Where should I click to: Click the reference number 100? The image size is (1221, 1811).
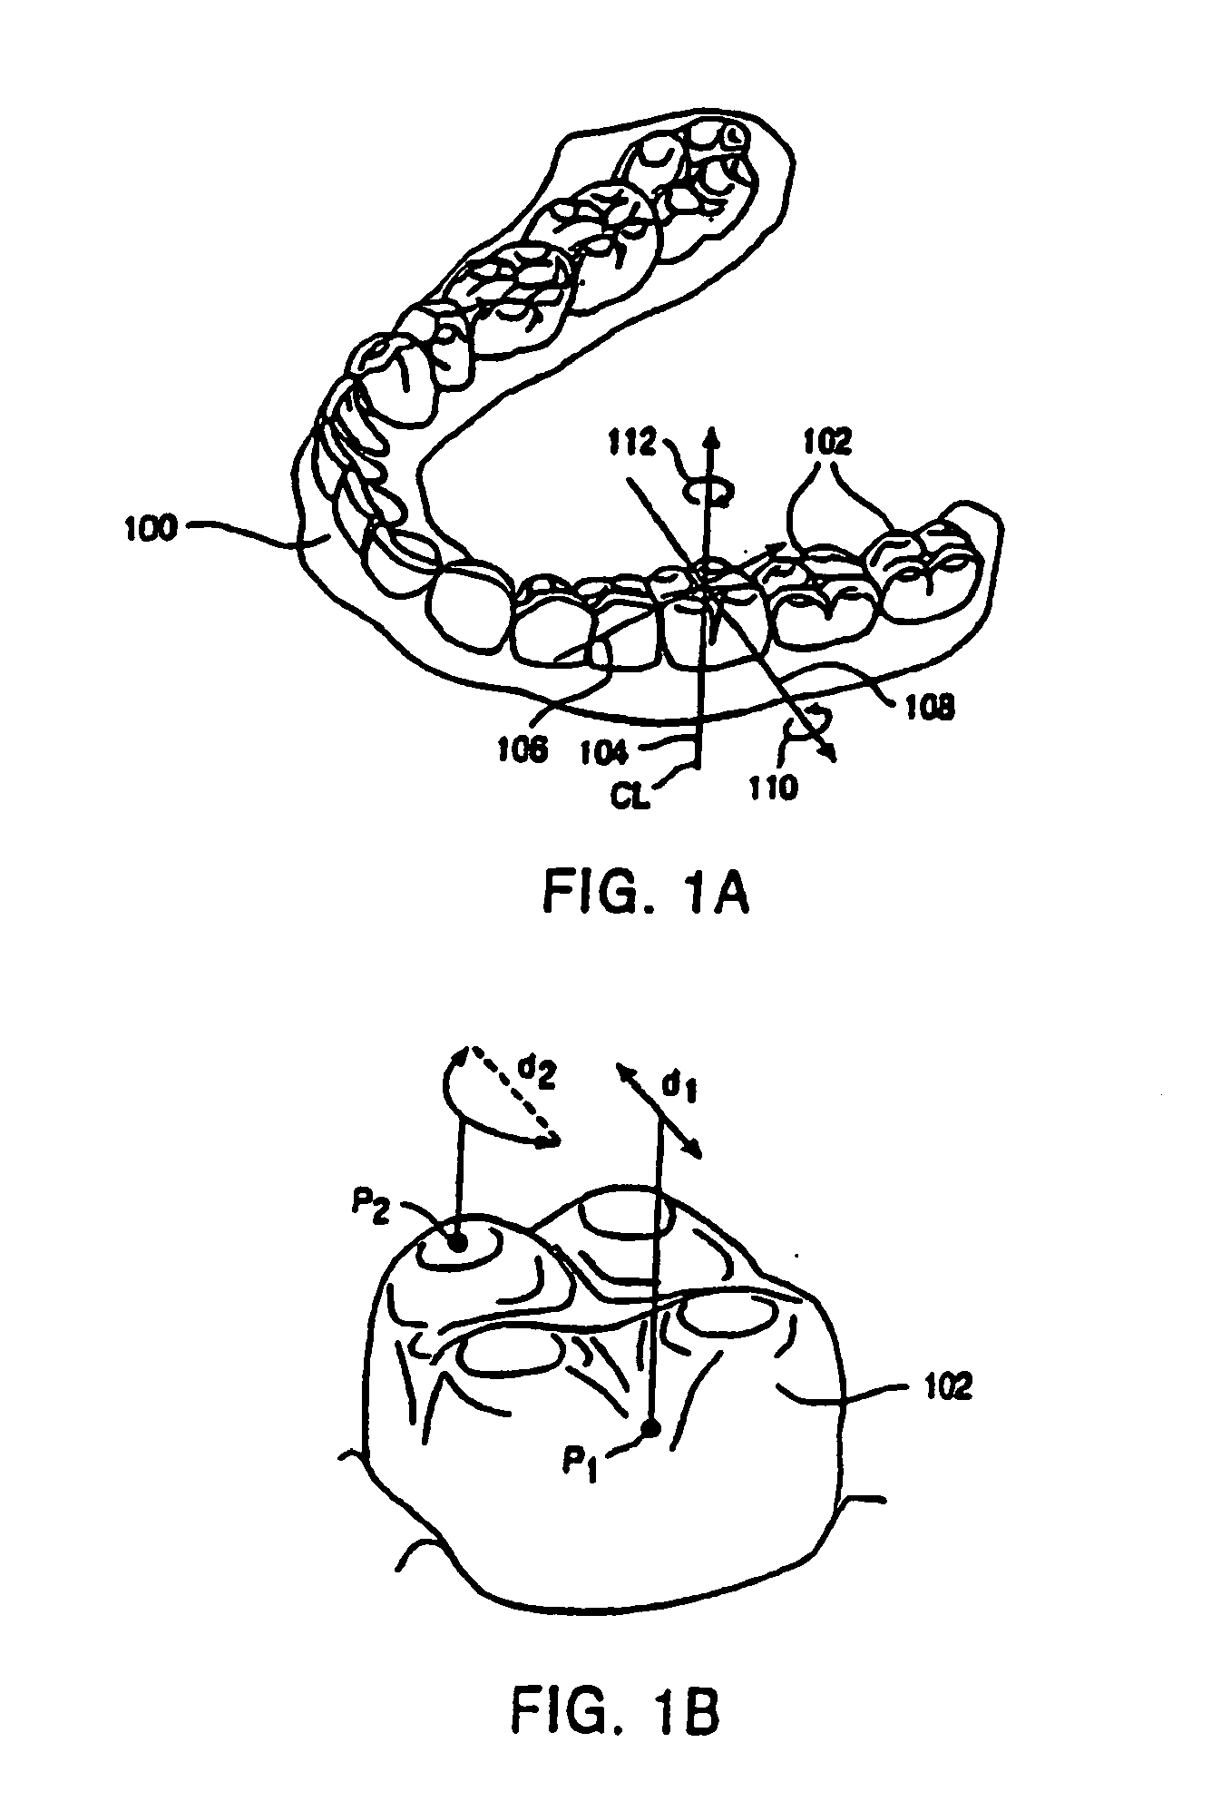151,528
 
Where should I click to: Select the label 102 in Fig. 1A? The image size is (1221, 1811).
826,443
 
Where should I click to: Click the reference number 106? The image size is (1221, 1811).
523,749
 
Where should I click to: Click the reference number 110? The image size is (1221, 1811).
774,786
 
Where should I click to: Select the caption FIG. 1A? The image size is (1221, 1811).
645,895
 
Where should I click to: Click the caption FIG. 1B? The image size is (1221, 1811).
616,1708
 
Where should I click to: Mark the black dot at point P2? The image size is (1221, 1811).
458,1243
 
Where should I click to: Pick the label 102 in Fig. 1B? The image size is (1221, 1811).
945,1385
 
